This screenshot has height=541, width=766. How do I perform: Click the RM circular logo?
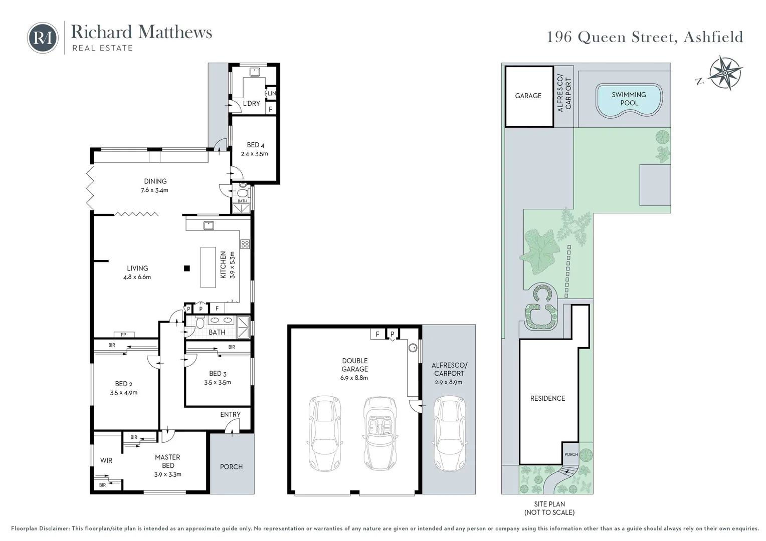tap(43, 38)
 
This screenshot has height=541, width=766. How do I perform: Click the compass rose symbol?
tap(725, 73)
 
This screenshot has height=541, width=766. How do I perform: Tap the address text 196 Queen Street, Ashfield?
tap(645, 37)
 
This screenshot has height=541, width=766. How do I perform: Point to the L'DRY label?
tap(251, 103)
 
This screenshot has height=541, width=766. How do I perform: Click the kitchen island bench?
tap(208, 267)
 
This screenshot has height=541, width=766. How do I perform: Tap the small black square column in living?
tap(187, 268)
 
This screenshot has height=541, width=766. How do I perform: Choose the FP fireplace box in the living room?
tap(123, 335)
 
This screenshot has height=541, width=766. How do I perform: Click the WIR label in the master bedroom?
tap(106, 460)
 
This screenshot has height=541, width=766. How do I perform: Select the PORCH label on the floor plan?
tap(231, 466)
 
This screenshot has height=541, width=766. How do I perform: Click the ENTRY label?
tap(230, 414)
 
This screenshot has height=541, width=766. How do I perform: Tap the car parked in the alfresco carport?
tap(449, 432)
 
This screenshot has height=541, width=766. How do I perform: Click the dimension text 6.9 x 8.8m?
tap(354, 378)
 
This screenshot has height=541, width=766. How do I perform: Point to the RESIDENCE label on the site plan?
tap(547, 398)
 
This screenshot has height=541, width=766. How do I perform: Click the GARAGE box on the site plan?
tap(528, 96)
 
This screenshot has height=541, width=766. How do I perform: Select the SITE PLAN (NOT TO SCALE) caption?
tap(549, 508)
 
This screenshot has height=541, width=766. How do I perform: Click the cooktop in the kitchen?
tap(245, 244)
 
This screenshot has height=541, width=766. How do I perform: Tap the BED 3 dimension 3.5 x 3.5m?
tap(218, 382)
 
